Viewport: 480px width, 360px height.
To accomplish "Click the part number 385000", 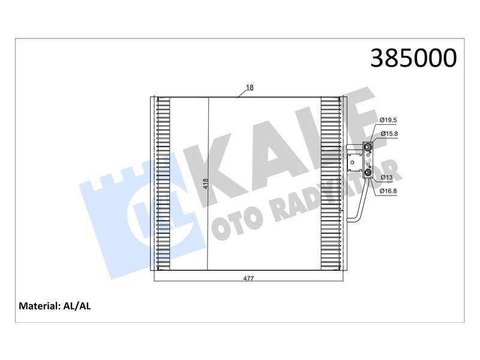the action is click(x=413, y=58).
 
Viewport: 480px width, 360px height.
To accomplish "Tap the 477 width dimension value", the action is click(x=248, y=278).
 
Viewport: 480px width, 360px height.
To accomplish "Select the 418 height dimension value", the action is click(x=205, y=184).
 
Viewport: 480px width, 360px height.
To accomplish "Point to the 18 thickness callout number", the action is click(x=250, y=87).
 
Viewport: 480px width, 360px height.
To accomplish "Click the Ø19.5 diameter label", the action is click(x=388, y=120).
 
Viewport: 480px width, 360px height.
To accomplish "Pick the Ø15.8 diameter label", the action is click(x=389, y=133).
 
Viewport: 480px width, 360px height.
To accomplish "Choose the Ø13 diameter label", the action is click(x=386, y=177).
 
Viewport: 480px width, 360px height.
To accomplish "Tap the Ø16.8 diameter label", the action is click(x=388, y=191).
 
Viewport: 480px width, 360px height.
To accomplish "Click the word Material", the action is click(x=39, y=306).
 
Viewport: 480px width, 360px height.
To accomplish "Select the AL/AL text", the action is click(x=77, y=306).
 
